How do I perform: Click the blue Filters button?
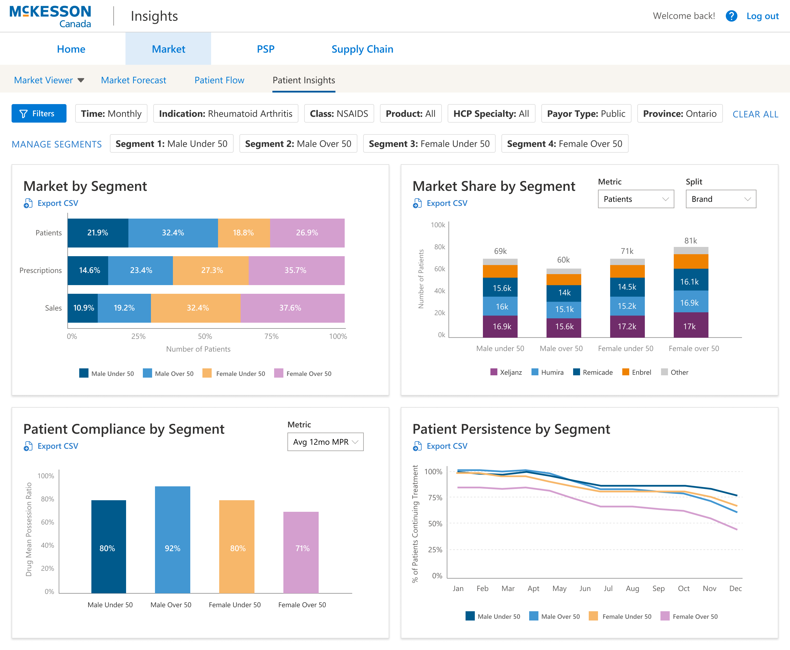coord(39,113)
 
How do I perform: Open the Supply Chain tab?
coord(362,49)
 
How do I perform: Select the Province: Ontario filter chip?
coord(679,113)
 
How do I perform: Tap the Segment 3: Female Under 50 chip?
coord(429,144)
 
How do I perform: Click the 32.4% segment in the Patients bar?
coord(173,232)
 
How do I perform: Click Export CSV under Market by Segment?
coord(58,203)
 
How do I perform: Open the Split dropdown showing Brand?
coord(720,199)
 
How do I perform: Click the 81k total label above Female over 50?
coord(691,241)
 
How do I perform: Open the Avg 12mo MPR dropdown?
coord(325,442)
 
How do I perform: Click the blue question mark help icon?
coord(731,16)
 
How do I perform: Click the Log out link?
coord(762,16)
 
